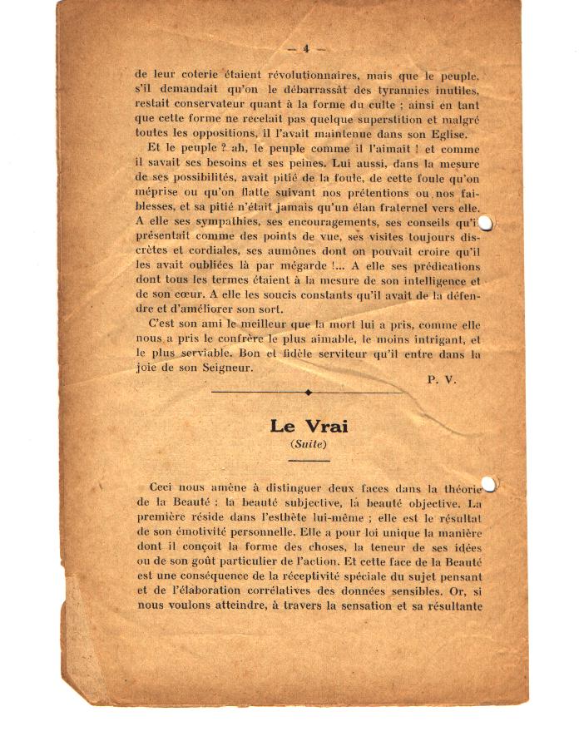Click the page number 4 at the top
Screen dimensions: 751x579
305,48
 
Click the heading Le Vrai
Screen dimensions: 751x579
309,426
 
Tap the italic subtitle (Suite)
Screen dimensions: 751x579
309,444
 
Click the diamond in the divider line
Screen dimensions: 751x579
309,392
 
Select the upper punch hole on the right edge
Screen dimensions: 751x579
487,223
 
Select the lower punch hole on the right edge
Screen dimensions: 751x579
488,483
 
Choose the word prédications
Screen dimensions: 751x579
438,267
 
